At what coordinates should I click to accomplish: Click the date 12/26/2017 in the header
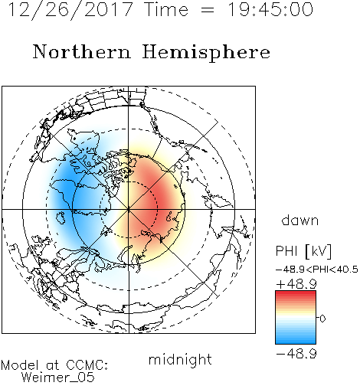[x=70, y=10]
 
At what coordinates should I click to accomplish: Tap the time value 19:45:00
[x=270, y=9]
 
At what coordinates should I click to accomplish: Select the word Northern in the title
[x=82, y=52]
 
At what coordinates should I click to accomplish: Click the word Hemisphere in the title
[x=206, y=53]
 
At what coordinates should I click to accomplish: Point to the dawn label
[x=300, y=220]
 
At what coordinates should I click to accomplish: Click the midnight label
[x=180, y=360]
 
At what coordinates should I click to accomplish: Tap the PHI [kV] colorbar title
[x=303, y=251]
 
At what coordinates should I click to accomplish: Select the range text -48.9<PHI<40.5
[x=317, y=270]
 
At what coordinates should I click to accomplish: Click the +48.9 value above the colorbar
[x=296, y=284]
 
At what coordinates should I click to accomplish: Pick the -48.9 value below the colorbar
[x=296, y=354]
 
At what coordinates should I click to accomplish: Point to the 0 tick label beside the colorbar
[x=322, y=319]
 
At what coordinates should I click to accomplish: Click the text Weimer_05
[x=58, y=378]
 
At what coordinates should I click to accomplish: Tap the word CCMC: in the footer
[x=87, y=365]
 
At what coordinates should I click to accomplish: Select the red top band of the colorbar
[x=296, y=293]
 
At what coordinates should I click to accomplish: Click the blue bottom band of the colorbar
[x=296, y=342]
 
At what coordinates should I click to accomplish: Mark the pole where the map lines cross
[x=129, y=209]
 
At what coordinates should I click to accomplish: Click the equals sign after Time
[x=208, y=10]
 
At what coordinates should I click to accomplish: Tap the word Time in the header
[x=166, y=9]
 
